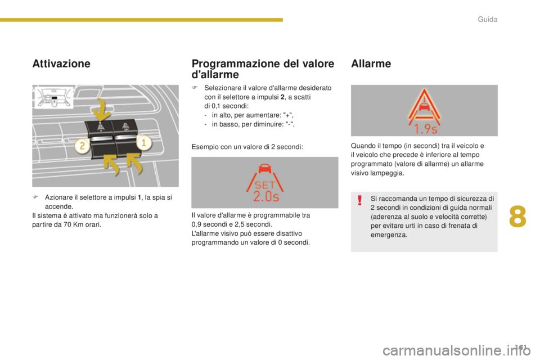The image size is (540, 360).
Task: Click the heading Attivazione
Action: click(62, 64)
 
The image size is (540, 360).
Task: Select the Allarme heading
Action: click(371, 64)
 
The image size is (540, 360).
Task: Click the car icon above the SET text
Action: click(264, 168)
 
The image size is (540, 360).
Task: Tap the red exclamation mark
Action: click(359, 201)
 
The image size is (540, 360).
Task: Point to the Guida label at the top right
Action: click(488, 20)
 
